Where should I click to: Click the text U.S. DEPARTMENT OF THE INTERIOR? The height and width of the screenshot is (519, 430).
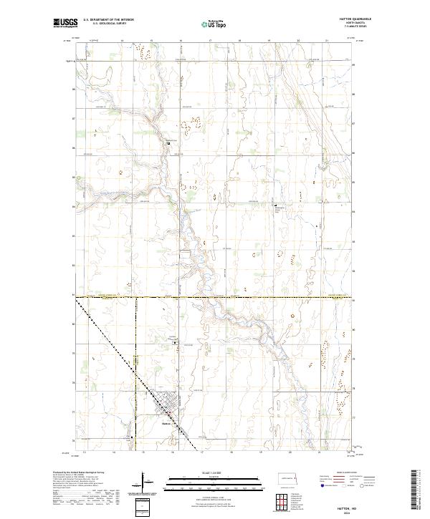107,20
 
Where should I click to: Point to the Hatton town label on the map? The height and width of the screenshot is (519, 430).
164,422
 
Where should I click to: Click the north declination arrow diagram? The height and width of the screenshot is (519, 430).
143,484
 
